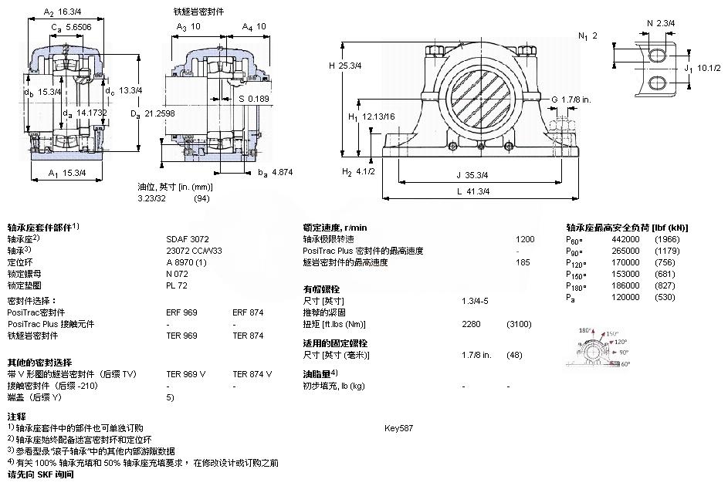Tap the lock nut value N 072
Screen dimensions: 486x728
pyautogui.click(x=177, y=274)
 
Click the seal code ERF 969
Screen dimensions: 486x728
pyautogui.click(x=182, y=312)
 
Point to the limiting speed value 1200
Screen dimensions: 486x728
pyautogui.click(x=525, y=239)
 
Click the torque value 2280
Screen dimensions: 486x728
pyautogui.click(x=472, y=324)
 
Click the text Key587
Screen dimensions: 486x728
pyautogui.click(x=399, y=427)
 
